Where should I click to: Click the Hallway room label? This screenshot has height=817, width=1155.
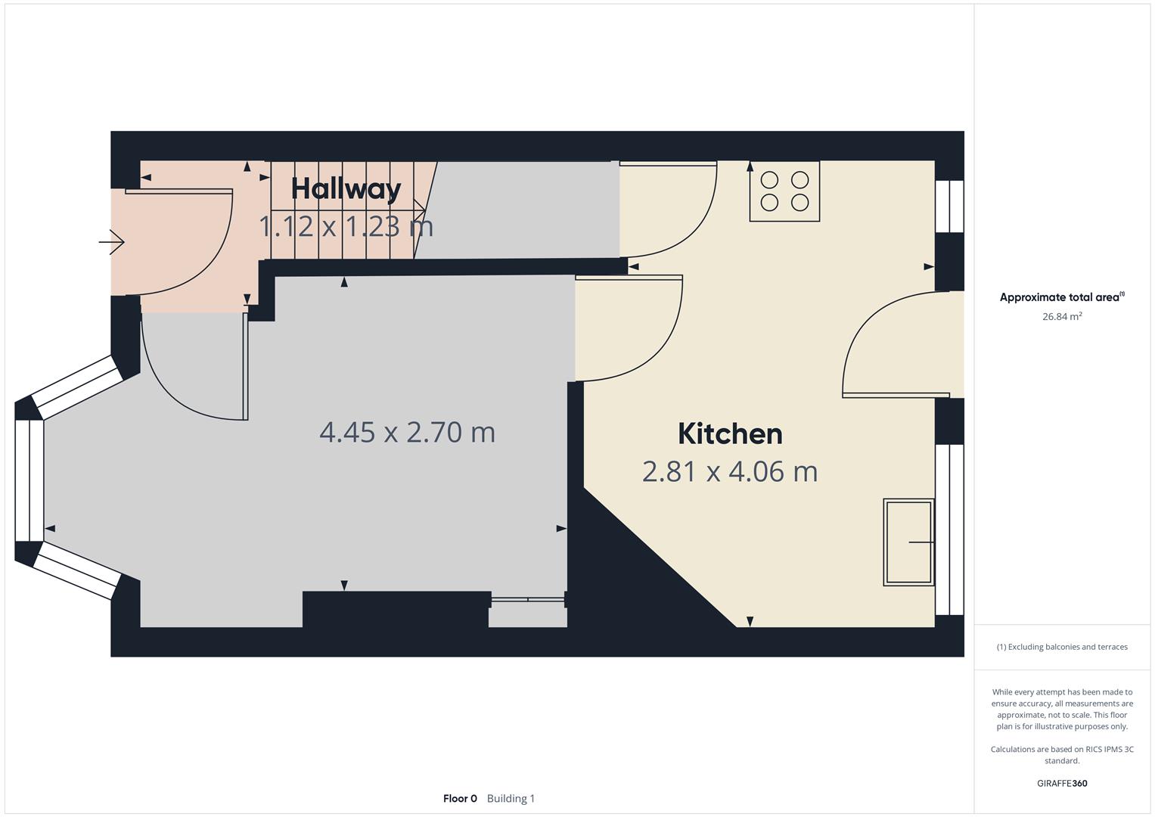click(x=346, y=189)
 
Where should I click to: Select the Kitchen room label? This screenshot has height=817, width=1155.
click(x=730, y=434)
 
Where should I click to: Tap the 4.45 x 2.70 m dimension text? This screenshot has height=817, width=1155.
click(x=407, y=433)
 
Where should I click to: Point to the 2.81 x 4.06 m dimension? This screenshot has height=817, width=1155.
click(x=730, y=472)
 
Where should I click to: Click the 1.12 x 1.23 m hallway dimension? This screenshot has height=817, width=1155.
click(x=346, y=226)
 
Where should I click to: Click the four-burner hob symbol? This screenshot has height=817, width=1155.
click(x=784, y=191)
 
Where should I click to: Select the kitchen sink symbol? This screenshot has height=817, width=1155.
click(x=908, y=542)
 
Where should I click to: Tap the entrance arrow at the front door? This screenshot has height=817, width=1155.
click(x=112, y=242)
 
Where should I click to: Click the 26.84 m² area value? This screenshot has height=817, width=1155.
click(x=1061, y=317)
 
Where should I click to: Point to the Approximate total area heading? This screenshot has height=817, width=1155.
click(x=1061, y=298)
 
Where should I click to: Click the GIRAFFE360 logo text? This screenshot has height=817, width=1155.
click(x=1061, y=784)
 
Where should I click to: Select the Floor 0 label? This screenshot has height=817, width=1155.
click(x=460, y=799)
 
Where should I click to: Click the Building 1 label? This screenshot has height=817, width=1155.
click(x=511, y=799)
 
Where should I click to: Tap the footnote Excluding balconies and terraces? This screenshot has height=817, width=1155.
click(x=1061, y=648)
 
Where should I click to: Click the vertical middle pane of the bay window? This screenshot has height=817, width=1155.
click(x=29, y=480)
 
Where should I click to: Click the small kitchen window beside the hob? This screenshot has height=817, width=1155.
click(x=949, y=207)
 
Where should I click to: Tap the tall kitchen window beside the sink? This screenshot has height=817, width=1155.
click(x=949, y=530)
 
